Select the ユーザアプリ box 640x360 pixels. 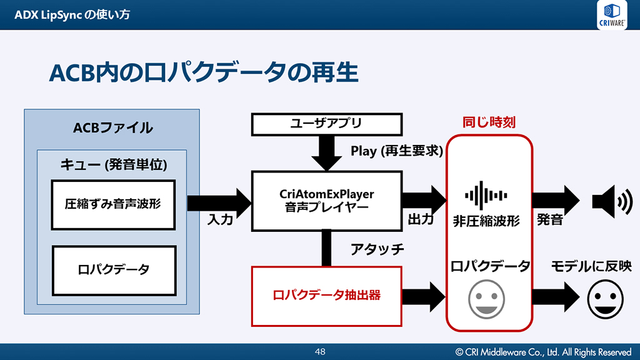pos(326,124)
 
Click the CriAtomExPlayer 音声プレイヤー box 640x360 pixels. pos(326,201)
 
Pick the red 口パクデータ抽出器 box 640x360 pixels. pos(326,296)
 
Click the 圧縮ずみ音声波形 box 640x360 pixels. pos(113,204)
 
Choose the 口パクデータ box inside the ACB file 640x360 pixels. pos(113,270)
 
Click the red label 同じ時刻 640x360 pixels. pos(489,122)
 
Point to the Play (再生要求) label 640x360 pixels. pos(396,151)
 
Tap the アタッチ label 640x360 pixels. pos(377,249)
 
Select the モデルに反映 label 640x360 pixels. pos(591,266)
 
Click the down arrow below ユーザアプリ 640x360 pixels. pos(326,153)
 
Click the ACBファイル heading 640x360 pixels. pos(112,128)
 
